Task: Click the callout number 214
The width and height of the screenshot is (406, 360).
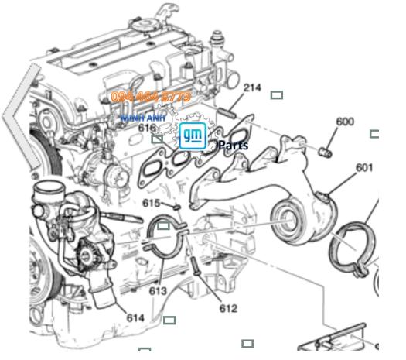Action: tap(251, 87)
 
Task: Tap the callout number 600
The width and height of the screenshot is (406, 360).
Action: tap(344, 122)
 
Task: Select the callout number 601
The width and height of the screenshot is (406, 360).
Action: tap(364, 167)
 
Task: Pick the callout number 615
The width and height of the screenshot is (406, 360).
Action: tap(152, 203)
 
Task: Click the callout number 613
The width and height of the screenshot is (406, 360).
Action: tap(158, 291)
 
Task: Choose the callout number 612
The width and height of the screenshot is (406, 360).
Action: tap(228, 308)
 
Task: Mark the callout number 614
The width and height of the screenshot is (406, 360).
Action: tap(135, 317)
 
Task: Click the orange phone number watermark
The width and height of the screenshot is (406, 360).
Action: tap(151, 97)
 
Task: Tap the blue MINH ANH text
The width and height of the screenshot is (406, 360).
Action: tap(143, 117)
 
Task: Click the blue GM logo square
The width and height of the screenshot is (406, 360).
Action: tap(193, 136)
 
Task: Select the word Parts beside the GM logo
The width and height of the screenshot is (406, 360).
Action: tap(233, 145)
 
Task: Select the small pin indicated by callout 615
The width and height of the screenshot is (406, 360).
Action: tap(176, 206)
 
